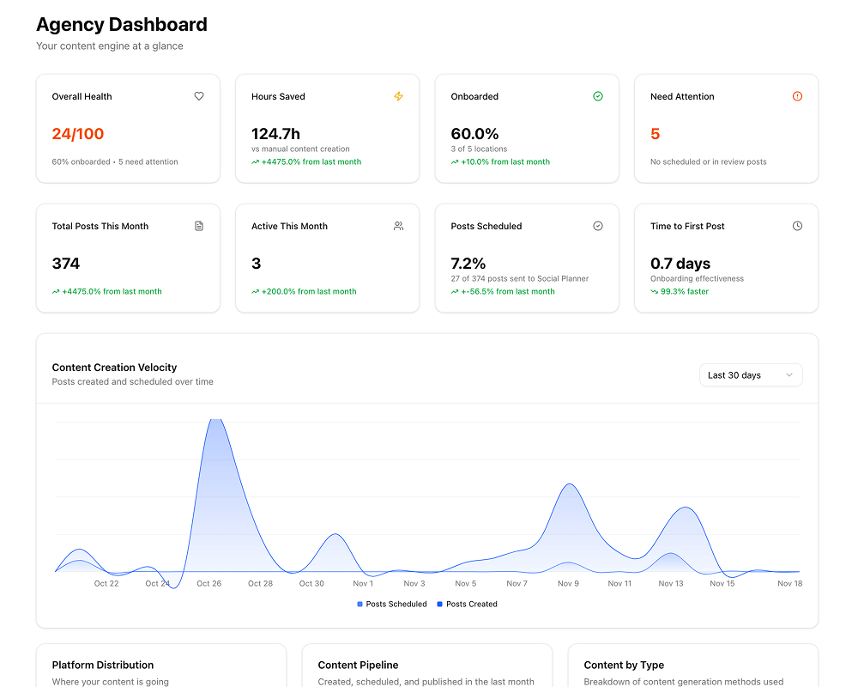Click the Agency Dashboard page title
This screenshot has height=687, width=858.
(x=121, y=25)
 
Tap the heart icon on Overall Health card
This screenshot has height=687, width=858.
(x=199, y=96)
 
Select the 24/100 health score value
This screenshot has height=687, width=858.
(x=78, y=134)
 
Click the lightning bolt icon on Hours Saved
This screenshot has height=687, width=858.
(x=398, y=96)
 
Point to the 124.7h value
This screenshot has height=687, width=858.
(x=275, y=134)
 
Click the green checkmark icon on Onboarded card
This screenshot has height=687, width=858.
(x=598, y=96)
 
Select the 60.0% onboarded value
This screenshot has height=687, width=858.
(x=474, y=134)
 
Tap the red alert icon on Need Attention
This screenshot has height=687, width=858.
(x=797, y=96)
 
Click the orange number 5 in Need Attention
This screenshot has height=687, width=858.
(x=656, y=134)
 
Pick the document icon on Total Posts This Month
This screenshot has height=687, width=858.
(x=199, y=226)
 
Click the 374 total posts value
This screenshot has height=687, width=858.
(x=66, y=264)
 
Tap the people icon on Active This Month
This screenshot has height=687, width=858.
(x=398, y=226)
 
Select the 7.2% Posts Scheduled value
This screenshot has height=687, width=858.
(x=468, y=264)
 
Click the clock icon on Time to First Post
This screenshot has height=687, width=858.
(x=797, y=226)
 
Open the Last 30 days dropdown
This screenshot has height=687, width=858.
(x=750, y=375)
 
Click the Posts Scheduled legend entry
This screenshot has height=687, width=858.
(x=392, y=604)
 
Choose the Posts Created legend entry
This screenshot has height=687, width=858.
(x=468, y=604)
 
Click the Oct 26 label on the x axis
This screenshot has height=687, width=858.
(x=208, y=583)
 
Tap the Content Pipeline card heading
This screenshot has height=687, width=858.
(x=358, y=665)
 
